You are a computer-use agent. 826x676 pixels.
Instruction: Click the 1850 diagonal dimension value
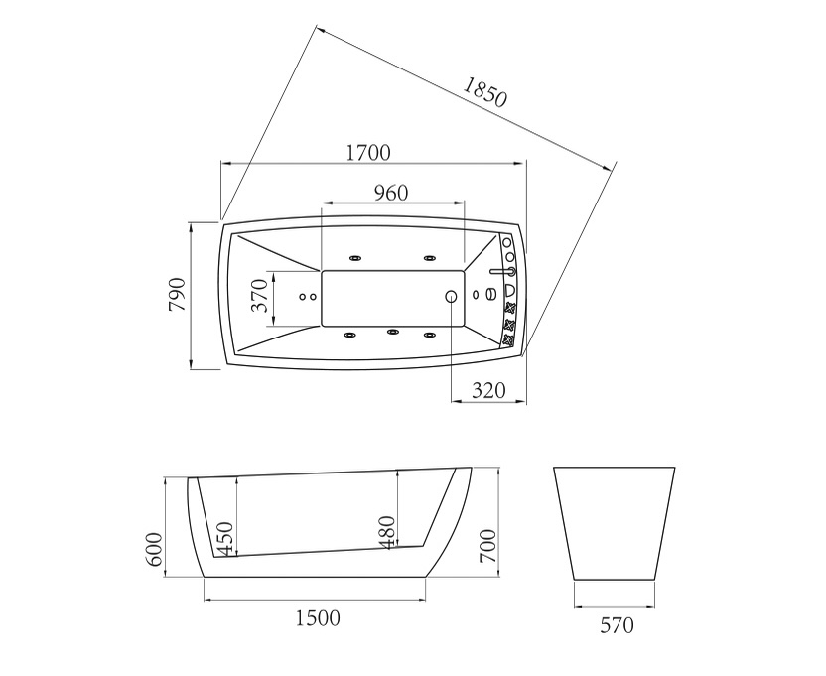484,91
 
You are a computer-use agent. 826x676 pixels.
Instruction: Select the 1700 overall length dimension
368,153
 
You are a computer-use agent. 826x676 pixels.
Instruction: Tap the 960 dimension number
391,193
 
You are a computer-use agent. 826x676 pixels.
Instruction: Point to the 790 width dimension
178,294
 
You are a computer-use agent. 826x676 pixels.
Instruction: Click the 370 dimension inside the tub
260,296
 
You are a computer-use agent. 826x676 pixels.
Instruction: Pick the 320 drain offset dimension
488,390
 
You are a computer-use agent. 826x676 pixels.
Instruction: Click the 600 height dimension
154,549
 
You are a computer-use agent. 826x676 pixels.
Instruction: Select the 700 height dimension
488,546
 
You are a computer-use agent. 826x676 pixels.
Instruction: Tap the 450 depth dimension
225,538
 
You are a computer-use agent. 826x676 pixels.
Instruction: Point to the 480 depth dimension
387,533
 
